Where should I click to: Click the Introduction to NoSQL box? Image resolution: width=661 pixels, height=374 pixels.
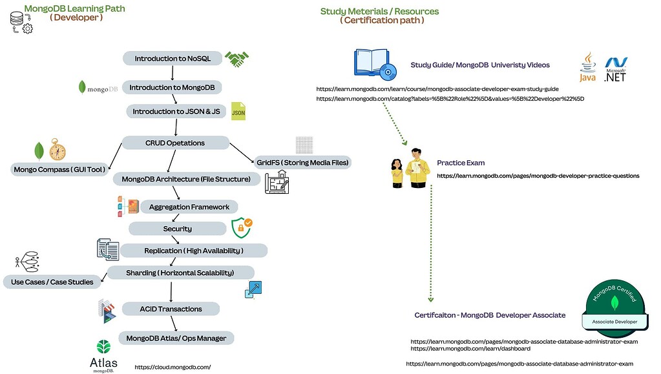pos(173,59)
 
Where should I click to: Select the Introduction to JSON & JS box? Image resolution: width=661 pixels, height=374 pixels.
pos(176,112)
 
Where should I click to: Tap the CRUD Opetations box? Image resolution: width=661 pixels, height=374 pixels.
pos(175,143)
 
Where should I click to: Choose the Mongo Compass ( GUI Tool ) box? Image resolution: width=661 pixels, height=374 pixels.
pos(59,170)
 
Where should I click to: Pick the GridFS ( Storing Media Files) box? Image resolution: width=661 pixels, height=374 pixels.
pos(302,162)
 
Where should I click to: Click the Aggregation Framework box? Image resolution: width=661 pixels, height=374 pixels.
pos(189,207)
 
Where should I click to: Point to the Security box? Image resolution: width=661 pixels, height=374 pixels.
pos(177,229)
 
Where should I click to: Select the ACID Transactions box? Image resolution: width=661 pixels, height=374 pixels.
pos(171,309)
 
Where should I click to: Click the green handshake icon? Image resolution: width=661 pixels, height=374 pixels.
pos(236,59)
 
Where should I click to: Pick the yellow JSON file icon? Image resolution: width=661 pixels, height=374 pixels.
pos(238,111)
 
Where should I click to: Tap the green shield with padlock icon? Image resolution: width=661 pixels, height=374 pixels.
pos(242,227)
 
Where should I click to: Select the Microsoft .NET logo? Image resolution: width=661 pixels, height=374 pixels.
pos(615,70)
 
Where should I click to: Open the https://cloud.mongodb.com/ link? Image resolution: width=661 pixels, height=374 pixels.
pos(173,367)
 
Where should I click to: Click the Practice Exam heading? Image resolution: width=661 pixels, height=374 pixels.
pos(460,163)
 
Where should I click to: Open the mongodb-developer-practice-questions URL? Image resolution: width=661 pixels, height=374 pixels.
pos(538,176)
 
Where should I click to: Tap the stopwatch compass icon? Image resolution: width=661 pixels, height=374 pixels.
pos(58,149)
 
